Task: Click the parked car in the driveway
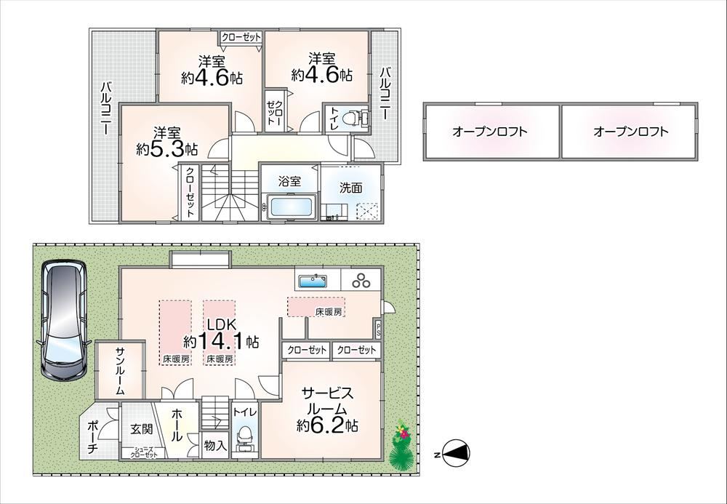point(63,320)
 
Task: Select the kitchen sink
point(313,281)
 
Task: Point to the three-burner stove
point(361,281)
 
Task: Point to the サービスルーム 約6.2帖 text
point(327,409)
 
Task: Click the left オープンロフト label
point(489,132)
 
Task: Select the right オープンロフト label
point(630,132)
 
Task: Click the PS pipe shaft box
point(378,329)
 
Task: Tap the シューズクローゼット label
point(144,452)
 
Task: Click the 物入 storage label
point(216,446)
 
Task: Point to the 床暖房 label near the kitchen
point(329,312)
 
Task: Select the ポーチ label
point(92,437)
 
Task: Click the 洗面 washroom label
point(350,188)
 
